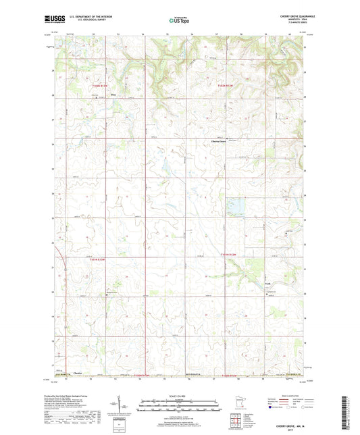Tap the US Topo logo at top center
177,21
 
